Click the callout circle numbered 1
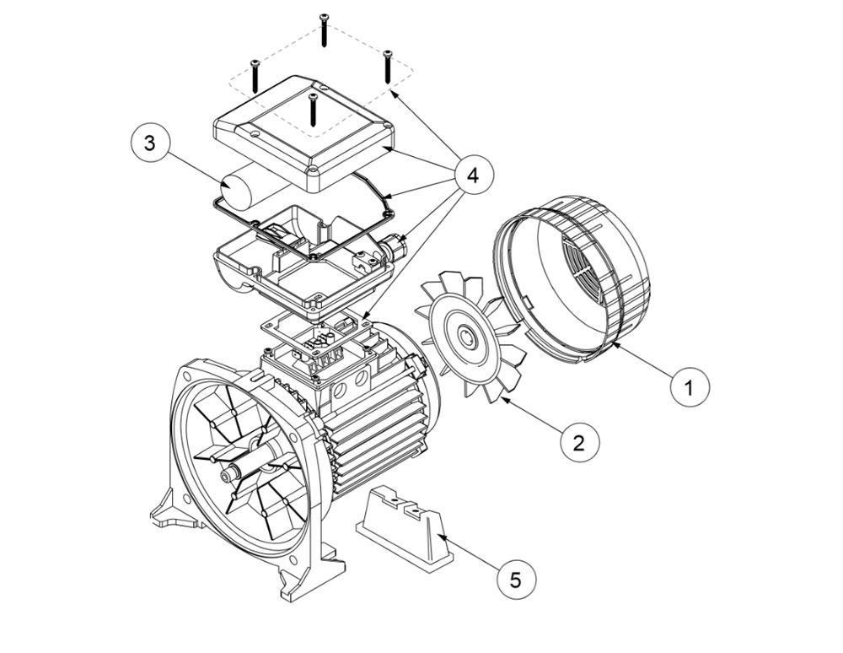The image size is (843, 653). tap(690, 387)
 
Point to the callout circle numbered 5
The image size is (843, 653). tap(514, 580)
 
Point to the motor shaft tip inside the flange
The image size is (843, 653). tap(225, 476)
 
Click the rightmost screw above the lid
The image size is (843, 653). tap(388, 66)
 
